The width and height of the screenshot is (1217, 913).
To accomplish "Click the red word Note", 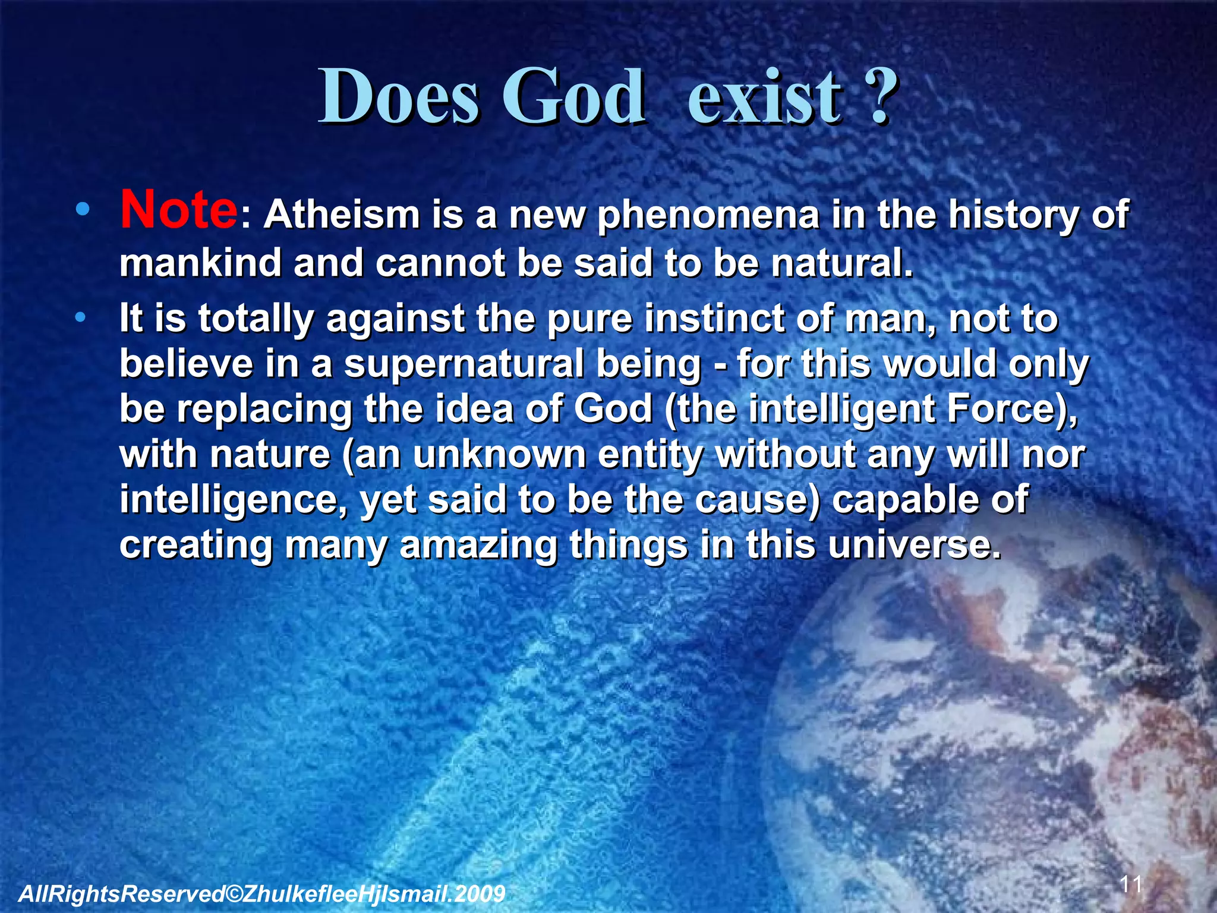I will click(178, 210).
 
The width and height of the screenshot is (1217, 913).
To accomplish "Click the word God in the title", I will click(573, 98).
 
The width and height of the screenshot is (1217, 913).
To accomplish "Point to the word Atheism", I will click(342, 215).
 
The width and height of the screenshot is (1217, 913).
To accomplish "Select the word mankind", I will click(200, 263).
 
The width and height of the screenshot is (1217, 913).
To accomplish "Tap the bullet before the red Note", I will click(83, 209).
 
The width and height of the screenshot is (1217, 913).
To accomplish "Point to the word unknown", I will click(499, 455).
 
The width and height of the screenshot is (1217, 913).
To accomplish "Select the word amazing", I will click(478, 545).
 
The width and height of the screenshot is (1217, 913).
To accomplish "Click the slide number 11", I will click(1131, 884).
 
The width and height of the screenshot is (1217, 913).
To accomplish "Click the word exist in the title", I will click(765, 98).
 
